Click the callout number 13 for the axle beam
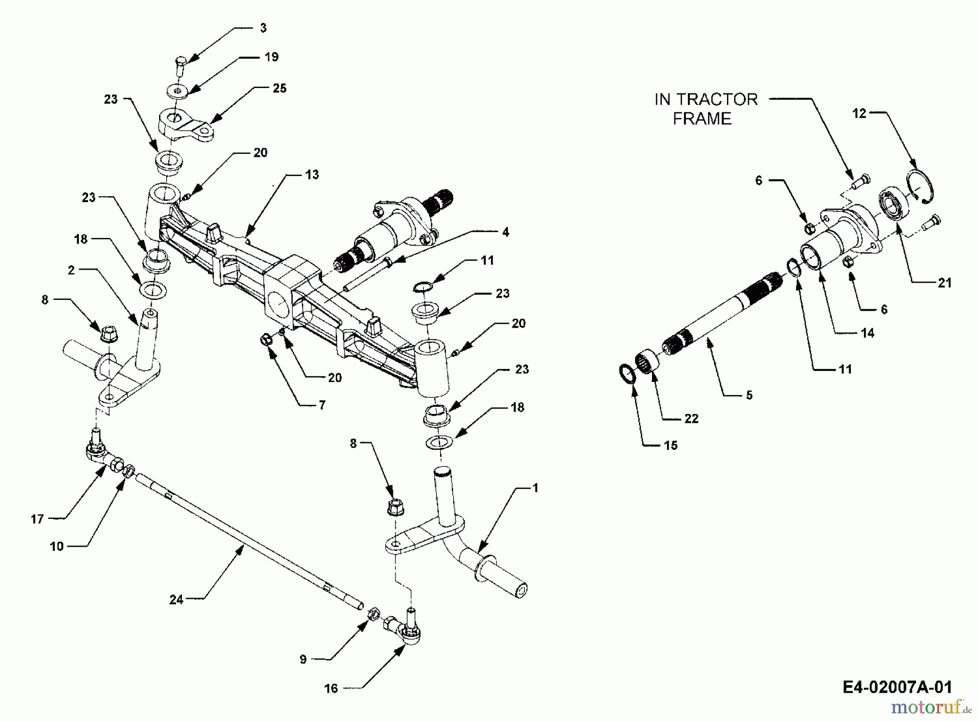[312, 175]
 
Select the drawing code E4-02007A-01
[897, 687]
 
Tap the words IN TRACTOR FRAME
[705, 109]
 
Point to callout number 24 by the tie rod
[176, 600]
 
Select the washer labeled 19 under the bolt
[179, 91]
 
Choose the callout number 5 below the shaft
[749, 396]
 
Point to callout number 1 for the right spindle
[535, 488]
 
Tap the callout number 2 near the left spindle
[71, 270]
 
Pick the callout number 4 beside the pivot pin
[505, 233]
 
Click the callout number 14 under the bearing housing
[867, 333]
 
